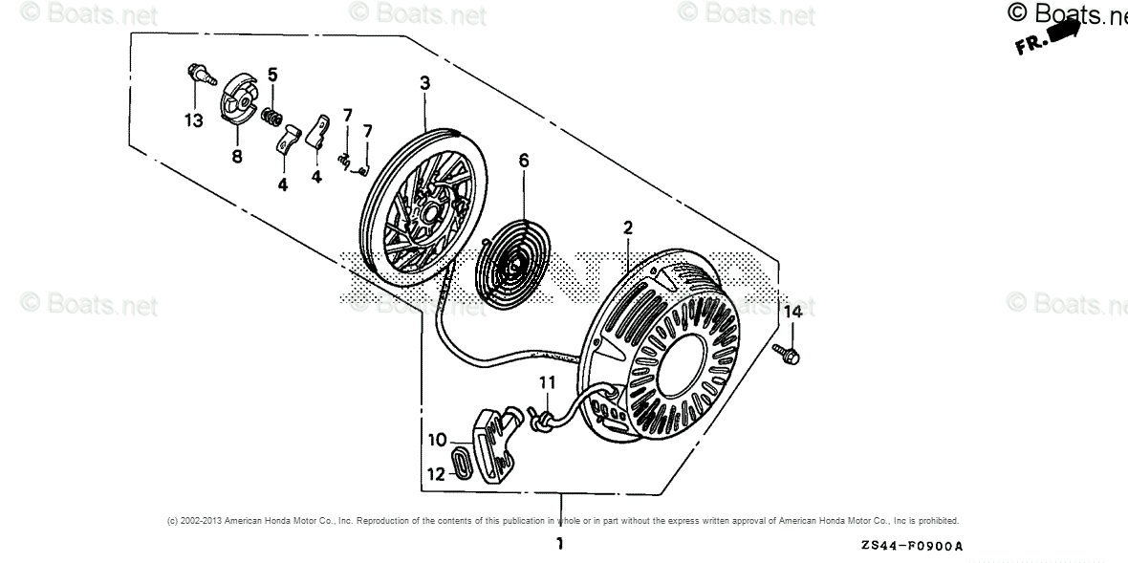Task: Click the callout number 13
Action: [194, 120]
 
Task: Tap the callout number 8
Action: [236, 156]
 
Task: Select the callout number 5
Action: [272, 75]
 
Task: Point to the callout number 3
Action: [424, 83]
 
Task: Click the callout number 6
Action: [523, 161]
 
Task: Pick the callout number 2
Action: [628, 227]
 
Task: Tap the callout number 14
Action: [793, 312]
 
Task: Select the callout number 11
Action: [545, 382]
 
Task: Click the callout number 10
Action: [437, 440]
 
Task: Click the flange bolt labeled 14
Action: [791, 354]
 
